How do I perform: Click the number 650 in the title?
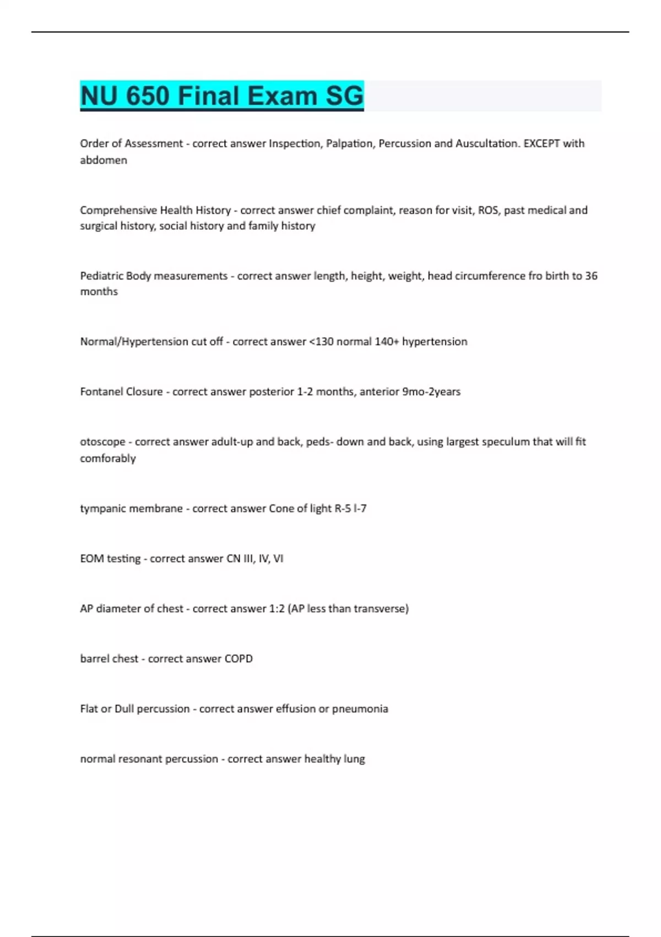click(x=147, y=96)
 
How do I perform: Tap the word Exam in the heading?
click(x=282, y=96)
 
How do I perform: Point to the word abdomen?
click(x=104, y=160)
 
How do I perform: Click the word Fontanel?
click(x=101, y=392)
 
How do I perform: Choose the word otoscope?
click(x=102, y=442)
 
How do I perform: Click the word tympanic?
click(x=102, y=509)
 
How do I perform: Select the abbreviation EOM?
click(x=91, y=559)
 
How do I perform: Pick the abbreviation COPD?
click(x=239, y=659)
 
